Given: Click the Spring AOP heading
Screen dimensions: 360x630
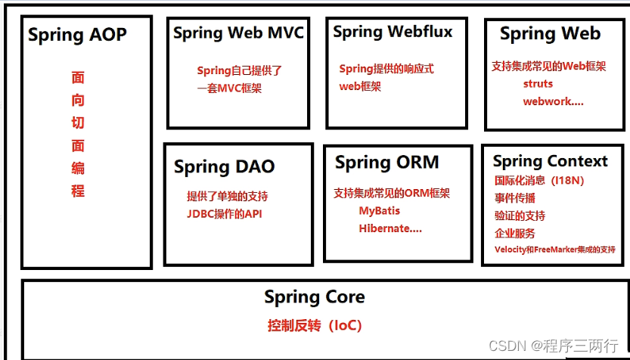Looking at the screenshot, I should pyautogui.click(x=77, y=35).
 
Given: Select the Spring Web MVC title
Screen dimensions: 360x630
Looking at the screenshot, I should pyautogui.click(x=238, y=33).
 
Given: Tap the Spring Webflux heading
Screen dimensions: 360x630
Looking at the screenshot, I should pyautogui.click(x=393, y=32).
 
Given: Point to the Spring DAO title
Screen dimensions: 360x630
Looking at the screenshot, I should pyautogui.click(x=225, y=166).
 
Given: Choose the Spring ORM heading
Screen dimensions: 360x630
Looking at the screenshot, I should pyautogui.click(x=386, y=163).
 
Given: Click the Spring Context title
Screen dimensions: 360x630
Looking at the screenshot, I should pyautogui.click(x=550, y=161).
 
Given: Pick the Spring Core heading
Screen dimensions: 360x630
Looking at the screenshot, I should pyautogui.click(x=314, y=297).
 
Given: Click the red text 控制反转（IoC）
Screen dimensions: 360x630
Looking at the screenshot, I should pyautogui.click(x=314, y=326).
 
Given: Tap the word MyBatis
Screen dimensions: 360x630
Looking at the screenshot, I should pyautogui.click(x=380, y=210).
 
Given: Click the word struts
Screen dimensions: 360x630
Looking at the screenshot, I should pyautogui.click(x=538, y=84).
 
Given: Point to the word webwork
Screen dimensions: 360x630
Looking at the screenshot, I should pyautogui.click(x=552, y=101).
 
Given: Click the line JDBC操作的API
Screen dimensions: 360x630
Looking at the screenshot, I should pyautogui.click(x=225, y=213).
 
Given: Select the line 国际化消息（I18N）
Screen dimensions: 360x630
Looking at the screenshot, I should pyautogui.click(x=539, y=181).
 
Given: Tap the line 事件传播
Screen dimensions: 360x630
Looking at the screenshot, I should pyautogui.click(x=515, y=198).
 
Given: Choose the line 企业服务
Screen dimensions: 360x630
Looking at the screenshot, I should pyautogui.click(x=515, y=233).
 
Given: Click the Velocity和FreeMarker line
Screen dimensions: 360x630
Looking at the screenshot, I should pyautogui.click(x=554, y=250).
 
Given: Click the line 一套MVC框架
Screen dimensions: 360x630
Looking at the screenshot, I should pyautogui.click(x=229, y=88).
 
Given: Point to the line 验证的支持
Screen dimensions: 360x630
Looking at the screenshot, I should pyautogui.click(x=520, y=216).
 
